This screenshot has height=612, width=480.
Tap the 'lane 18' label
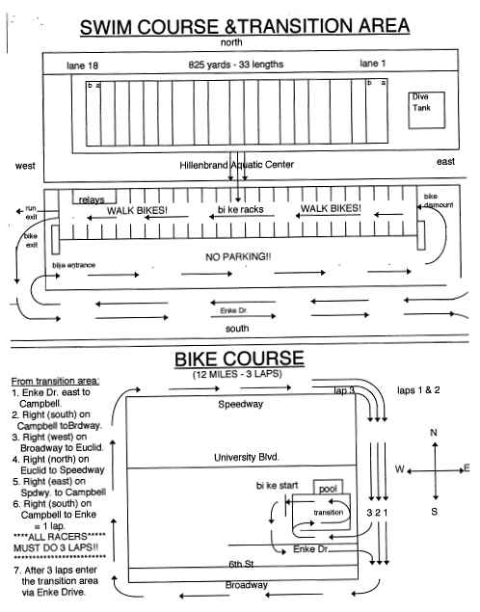tap(82, 66)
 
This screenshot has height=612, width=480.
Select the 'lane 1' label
tap(373, 64)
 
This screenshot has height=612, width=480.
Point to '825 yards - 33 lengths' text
tap(236, 65)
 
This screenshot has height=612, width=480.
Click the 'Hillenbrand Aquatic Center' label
tap(236, 165)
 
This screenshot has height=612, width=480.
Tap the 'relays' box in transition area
tap(94, 198)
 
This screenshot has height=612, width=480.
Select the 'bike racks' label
tap(240, 209)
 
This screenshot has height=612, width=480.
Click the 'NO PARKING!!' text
tap(238, 256)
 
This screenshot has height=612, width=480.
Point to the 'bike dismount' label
tap(438, 200)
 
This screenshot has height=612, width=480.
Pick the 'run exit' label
tap(31, 212)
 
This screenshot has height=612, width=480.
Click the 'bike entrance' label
tap(74, 265)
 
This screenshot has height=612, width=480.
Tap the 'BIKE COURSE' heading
tap(239, 359)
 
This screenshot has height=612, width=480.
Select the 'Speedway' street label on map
tap(240, 404)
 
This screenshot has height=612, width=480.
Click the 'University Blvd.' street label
tap(246, 457)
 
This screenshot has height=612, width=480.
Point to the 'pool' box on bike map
tap(329, 487)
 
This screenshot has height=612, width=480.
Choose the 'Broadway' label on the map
tap(246, 585)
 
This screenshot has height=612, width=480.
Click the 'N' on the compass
tap(434, 433)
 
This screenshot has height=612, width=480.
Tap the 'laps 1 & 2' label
tap(418, 390)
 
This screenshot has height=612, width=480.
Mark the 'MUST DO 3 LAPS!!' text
tap(56, 548)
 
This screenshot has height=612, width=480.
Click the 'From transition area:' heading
tap(55, 381)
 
